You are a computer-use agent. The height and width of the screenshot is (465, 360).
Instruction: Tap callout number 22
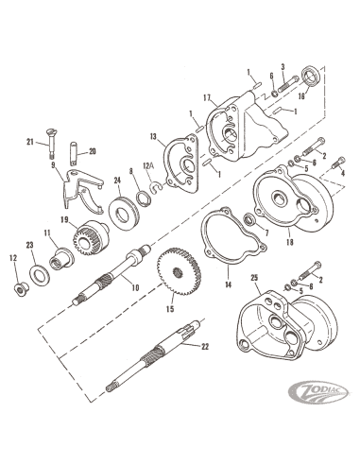pyautogui.click(x=205, y=346)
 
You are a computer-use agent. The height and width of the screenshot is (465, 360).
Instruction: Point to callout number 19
pyautogui.click(x=64, y=219)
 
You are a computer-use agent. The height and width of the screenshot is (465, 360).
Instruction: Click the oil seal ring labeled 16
pyautogui.click(x=311, y=76)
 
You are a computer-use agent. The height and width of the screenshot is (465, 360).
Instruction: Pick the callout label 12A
pyautogui.click(x=148, y=174)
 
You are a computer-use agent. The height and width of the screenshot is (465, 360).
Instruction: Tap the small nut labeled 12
pyautogui.click(x=22, y=288)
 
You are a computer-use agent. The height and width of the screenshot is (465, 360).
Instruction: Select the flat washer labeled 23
pyautogui.click(x=40, y=274)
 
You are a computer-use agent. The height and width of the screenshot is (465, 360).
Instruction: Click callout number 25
pyautogui.click(x=254, y=278)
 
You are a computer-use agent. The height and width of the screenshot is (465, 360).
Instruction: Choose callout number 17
pyautogui.click(x=207, y=98)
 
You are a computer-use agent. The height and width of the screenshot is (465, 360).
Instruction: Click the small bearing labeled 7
pyautogui.click(x=250, y=219)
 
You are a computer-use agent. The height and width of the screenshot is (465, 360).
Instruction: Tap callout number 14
pyautogui.click(x=228, y=284)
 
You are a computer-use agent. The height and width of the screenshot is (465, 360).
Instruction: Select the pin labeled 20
pyautogui.click(x=73, y=153)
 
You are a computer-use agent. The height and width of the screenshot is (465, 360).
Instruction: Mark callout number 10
pyautogui.click(x=135, y=287)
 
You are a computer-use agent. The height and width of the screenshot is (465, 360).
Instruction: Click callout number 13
pyautogui.click(x=153, y=136)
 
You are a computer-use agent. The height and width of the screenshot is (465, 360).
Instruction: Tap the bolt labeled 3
pyautogui.click(x=288, y=83)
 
